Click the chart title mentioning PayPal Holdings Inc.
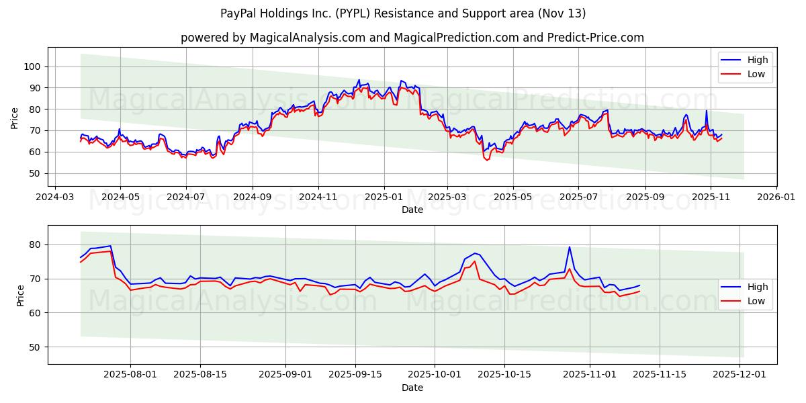click(x=403, y=13)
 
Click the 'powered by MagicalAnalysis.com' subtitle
click(x=412, y=38)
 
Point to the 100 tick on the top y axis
click(x=32, y=66)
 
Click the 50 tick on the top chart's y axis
click(x=34, y=173)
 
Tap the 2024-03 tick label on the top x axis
click(x=54, y=198)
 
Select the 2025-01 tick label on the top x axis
click(x=384, y=198)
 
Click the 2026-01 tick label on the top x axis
click(x=776, y=198)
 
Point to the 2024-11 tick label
click(x=318, y=198)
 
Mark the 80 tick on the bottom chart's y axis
click(x=34, y=244)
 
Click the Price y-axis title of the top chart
click(x=15, y=118)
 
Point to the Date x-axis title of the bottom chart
click(x=412, y=388)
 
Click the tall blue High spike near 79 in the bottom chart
click(x=570, y=247)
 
